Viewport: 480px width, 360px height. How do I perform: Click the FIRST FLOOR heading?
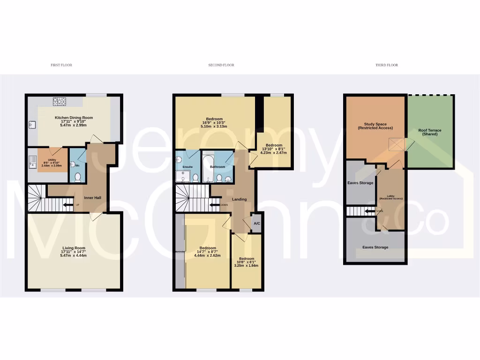tap(61, 65)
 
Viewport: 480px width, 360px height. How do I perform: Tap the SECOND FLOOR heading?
tap(221, 65)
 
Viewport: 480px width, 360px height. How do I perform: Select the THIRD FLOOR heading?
tap(387, 65)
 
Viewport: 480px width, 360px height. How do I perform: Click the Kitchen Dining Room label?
tap(74, 117)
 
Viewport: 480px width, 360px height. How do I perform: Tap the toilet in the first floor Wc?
tap(78, 176)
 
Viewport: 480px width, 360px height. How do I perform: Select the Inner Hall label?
tap(92, 198)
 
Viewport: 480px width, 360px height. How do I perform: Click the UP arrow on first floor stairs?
tap(68, 205)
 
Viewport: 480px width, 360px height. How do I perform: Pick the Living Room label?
tap(74, 248)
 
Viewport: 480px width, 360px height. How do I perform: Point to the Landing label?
tap(239, 199)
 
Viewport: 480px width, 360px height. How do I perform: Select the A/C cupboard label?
tap(256, 224)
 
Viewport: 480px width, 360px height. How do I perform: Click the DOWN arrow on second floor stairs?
tap(216, 205)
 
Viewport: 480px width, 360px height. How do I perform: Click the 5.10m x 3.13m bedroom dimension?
tap(214, 126)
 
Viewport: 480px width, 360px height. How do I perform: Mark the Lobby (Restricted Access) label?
tap(390, 197)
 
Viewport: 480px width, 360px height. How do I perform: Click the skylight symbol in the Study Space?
tap(397, 145)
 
